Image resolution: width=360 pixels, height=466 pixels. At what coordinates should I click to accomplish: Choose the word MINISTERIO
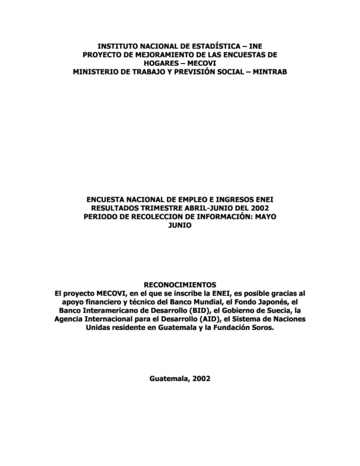coord(98,72)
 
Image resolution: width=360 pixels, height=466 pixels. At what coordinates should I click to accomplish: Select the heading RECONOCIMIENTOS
coord(180,284)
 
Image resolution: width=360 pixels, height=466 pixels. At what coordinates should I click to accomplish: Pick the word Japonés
coord(267,301)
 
